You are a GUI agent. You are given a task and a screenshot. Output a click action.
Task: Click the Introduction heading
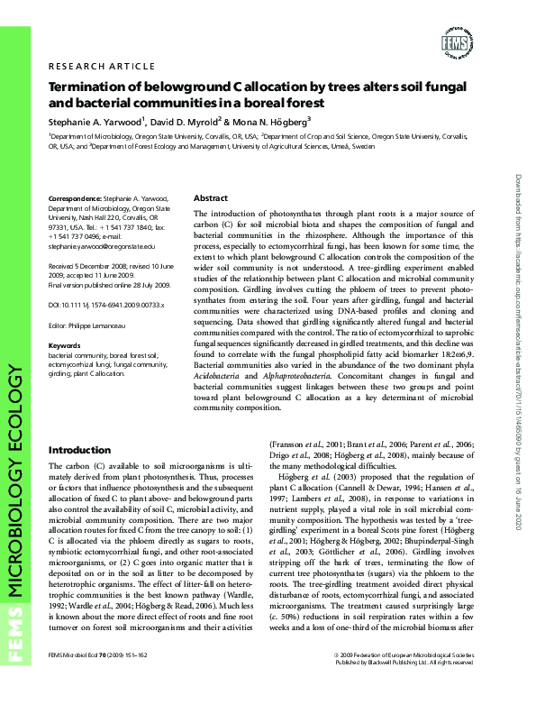point(80,450)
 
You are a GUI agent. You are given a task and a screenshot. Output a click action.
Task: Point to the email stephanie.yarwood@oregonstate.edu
point(101,244)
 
